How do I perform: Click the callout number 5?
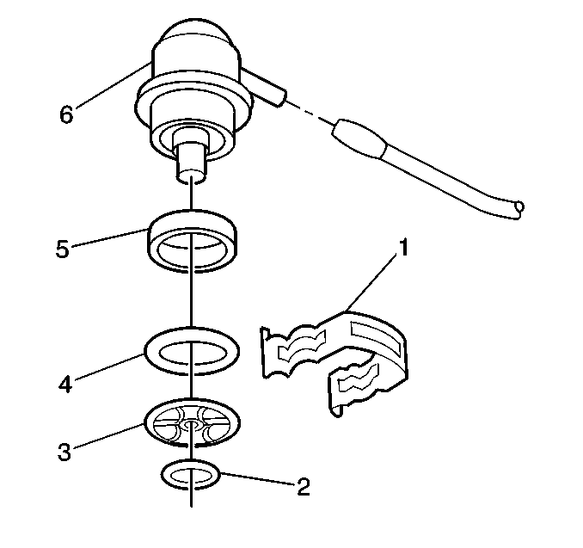pos(63,249)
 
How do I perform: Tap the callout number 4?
pos(65,384)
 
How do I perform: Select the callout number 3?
pos(64,452)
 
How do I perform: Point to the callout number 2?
pos(304,487)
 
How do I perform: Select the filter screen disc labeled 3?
pos(191,422)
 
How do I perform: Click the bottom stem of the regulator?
pos(190,163)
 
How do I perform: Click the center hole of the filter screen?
pos(191,424)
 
